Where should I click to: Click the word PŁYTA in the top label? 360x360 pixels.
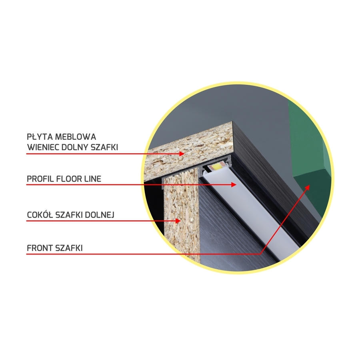click(40, 137)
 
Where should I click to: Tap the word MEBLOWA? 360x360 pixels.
click(76, 137)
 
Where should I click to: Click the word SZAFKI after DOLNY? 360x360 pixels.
click(104, 147)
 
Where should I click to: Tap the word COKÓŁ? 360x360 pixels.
click(40, 215)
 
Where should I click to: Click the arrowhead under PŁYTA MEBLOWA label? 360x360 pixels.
click(182, 154)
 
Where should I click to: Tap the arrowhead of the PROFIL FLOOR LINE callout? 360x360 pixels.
click(234, 184)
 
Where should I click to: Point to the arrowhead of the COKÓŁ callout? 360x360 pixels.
click(178, 221)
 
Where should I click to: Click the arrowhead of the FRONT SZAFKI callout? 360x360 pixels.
click(307, 188)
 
